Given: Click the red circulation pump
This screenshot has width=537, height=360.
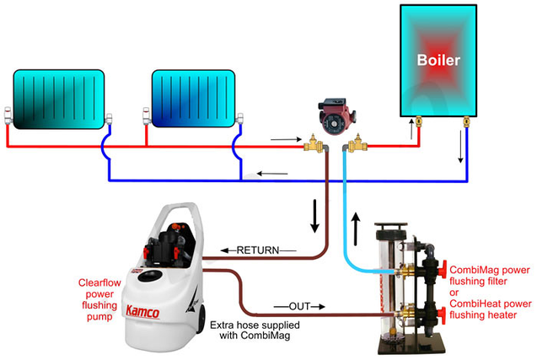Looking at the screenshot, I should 336,121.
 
